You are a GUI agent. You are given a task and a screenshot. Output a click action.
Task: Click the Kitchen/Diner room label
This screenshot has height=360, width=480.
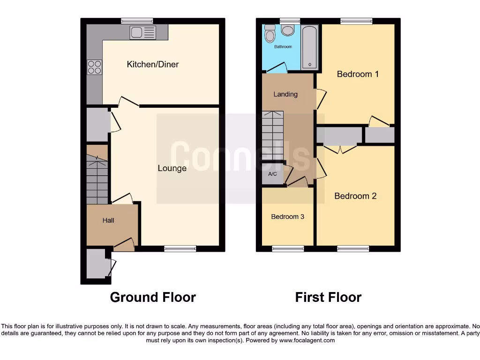point(153,64)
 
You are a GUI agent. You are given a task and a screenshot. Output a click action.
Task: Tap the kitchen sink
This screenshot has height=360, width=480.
point(142,32)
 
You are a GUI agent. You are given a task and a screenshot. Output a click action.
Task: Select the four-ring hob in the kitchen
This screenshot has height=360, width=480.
point(94,67)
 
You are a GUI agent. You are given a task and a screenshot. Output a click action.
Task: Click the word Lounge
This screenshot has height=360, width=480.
point(172,168)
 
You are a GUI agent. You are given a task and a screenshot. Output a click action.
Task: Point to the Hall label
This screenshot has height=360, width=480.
point(108,220)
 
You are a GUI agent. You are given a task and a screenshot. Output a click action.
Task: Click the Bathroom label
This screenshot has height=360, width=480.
point(283,47)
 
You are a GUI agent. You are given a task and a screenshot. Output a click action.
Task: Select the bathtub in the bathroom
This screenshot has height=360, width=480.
point(310,48)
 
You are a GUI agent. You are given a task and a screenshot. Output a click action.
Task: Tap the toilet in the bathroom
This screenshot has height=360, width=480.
point(270,34)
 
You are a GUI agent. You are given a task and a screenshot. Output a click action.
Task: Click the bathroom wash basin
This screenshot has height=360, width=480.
point(287,30)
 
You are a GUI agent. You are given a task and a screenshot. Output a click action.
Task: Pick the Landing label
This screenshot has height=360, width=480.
point(285,94)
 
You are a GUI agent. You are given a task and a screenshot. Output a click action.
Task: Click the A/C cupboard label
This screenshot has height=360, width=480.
point(272,174)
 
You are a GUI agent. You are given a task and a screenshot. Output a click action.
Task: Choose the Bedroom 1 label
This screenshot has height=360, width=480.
point(358,74)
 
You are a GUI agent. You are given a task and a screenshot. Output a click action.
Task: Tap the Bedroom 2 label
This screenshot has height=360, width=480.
point(355,196)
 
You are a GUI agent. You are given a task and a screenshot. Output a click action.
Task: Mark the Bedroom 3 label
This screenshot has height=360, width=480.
point(287,217)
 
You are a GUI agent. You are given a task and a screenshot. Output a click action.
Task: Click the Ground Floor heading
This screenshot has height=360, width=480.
point(153,297)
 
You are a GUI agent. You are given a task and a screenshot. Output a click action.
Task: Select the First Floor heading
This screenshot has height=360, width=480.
point(328,297)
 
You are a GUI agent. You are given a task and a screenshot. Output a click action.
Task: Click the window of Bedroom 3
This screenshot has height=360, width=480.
point(287,248)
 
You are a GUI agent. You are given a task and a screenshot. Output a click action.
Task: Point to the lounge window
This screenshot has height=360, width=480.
point(180,248)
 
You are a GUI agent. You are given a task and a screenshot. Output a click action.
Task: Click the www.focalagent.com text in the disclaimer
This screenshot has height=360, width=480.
point(307,340)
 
